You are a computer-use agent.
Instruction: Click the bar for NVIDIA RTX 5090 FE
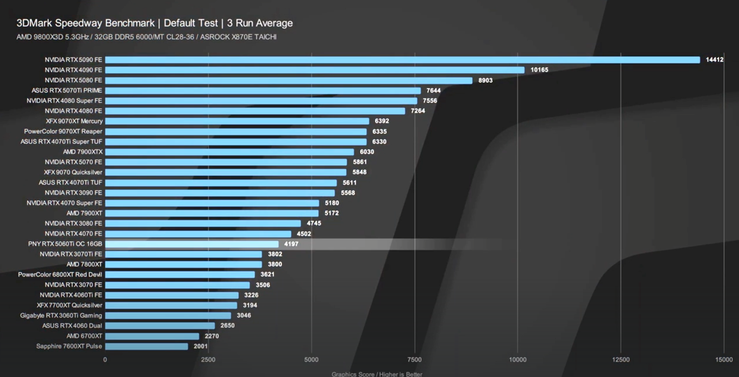pos(402,60)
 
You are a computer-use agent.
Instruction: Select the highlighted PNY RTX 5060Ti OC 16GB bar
pos(192,244)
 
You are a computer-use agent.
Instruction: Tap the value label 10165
pos(539,70)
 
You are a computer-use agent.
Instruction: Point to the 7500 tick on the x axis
pos(414,360)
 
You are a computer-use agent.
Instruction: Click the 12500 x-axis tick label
pos(621,360)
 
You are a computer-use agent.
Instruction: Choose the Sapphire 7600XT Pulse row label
pos(69,347)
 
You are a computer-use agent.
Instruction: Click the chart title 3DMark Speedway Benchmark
pos(86,23)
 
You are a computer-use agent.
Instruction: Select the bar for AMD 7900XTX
pos(229,152)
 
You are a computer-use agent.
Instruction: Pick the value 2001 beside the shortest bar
pos(201,347)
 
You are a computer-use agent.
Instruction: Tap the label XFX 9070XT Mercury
pos(74,121)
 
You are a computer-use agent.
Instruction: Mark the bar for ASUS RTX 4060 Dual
pos(160,326)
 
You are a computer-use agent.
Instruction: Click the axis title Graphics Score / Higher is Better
pos(377,374)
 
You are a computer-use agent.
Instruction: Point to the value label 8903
pos(485,80)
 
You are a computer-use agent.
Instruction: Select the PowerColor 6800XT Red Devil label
pos(60,275)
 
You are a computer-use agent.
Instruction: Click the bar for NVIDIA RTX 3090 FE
pos(220,193)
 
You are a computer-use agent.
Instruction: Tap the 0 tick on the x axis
pos(105,360)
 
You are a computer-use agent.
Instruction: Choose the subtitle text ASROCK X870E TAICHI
pos(238,37)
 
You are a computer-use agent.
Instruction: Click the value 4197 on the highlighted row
pos(291,244)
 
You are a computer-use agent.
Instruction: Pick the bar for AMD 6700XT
pos(152,336)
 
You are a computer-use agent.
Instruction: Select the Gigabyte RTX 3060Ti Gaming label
pos(61,316)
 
